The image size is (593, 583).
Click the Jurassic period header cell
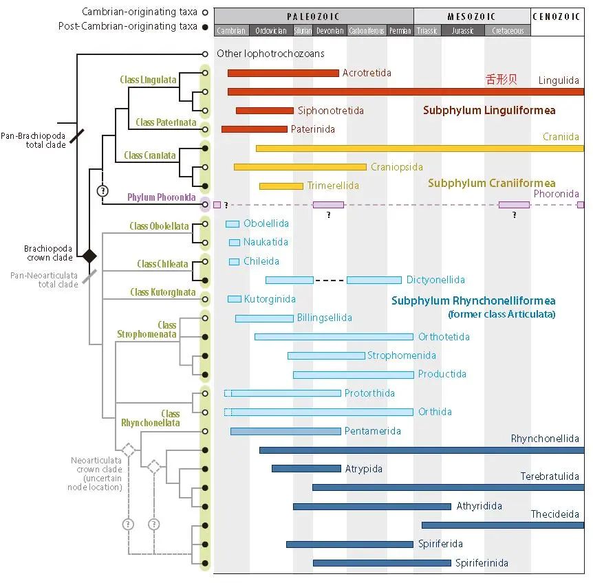click(x=462, y=31)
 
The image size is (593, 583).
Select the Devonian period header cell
click(x=330, y=31)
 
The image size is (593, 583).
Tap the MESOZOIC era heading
click(x=471, y=16)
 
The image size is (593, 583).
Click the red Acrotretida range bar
click(x=283, y=73)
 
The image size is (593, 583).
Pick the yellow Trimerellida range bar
click(x=281, y=186)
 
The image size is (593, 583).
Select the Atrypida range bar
click(x=306, y=469)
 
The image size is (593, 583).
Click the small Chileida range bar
click(x=234, y=261)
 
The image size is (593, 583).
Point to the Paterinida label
click(x=313, y=129)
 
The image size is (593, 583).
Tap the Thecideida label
click(x=554, y=514)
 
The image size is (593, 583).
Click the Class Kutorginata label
click(x=163, y=293)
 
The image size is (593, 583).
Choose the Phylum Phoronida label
click(x=162, y=198)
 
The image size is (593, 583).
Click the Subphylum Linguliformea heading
click(x=489, y=110)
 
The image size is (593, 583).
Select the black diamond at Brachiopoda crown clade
click(x=89, y=256)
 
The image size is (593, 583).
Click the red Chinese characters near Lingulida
click(x=501, y=80)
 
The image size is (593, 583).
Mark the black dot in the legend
click(x=205, y=26)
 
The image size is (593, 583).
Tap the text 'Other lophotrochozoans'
click(x=270, y=54)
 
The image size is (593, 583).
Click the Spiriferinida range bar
click(x=382, y=563)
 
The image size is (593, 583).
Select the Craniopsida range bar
click(x=300, y=167)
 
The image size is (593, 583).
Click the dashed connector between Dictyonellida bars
click(x=330, y=280)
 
